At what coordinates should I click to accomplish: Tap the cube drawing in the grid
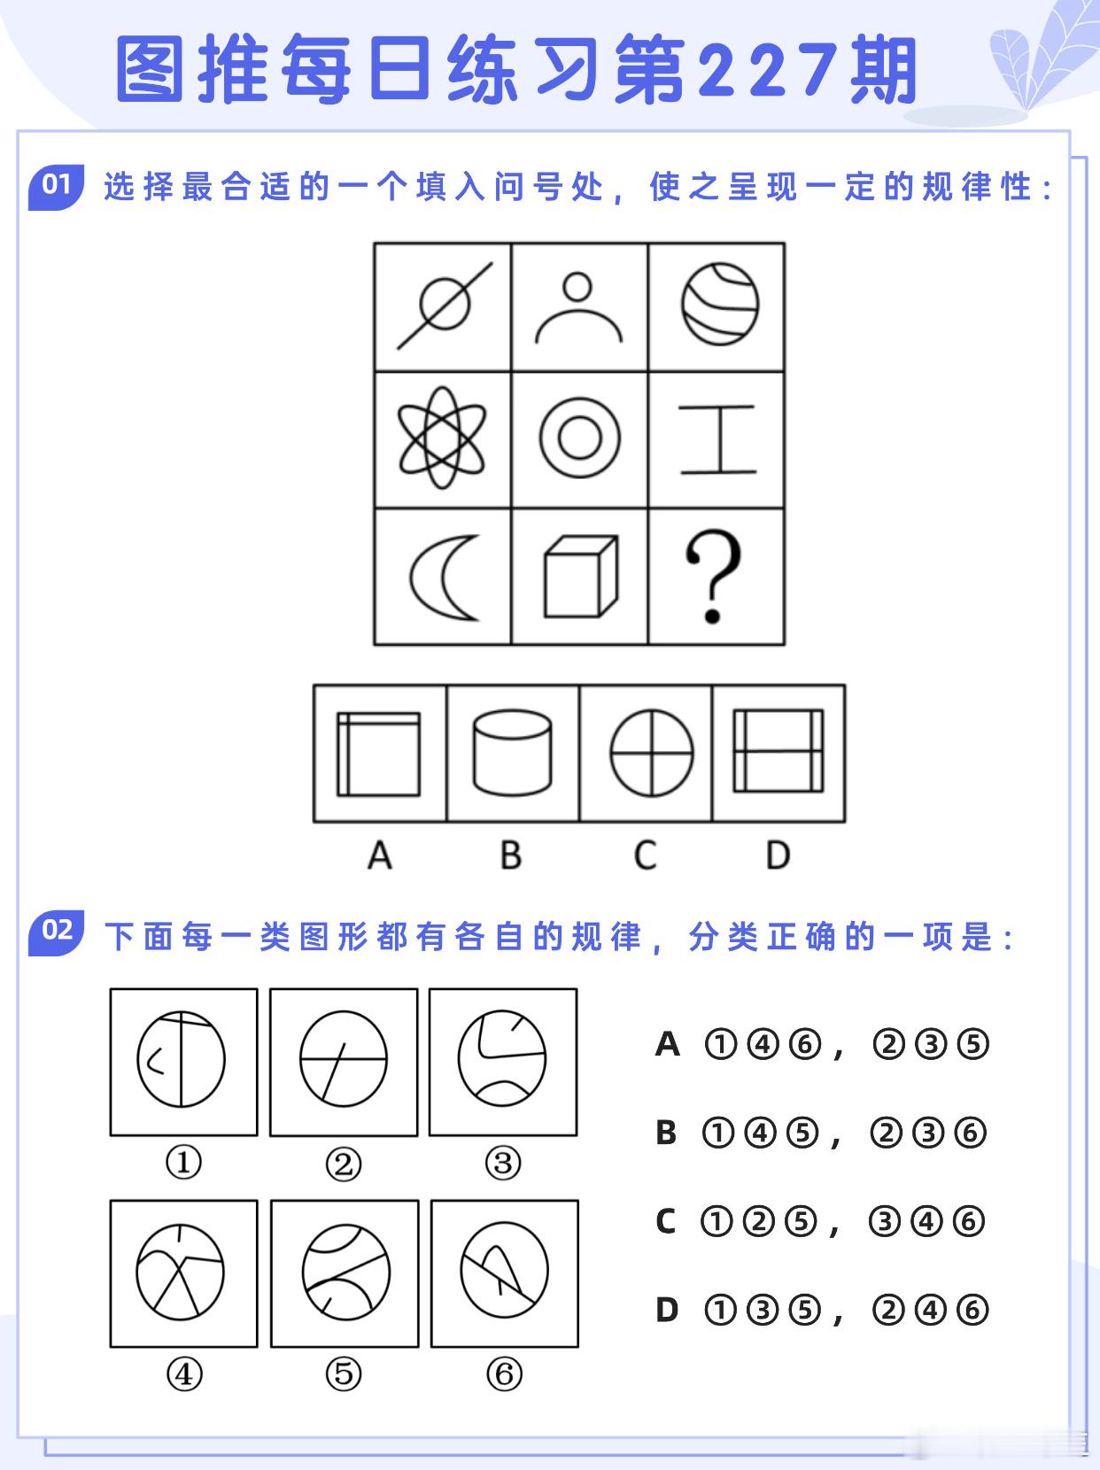pyautogui.click(x=580, y=576)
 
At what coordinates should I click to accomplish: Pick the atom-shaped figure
pyautogui.click(x=442, y=437)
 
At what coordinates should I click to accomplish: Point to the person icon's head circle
pyautogui.click(x=577, y=287)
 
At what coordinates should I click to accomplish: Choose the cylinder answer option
pyautogui.click(x=513, y=753)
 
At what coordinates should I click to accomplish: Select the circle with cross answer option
pyautogui.click(x=652, y=753)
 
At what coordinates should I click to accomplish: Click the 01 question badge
pyautogui.click(x=56, y=186)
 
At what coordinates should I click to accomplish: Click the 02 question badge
pyautogui.click(x=56, y=932)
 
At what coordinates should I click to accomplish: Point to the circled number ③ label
pyautogui.click(x=503, y=1164)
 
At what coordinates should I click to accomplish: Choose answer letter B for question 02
pyautogui.click(x=666, y=1133)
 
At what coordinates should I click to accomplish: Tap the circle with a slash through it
pyautogui.click(x=445, y=306)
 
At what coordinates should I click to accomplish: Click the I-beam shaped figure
pyautogui.click(x=717, y=438)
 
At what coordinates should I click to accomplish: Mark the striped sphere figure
pyautogui.click(x=720, y=304)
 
